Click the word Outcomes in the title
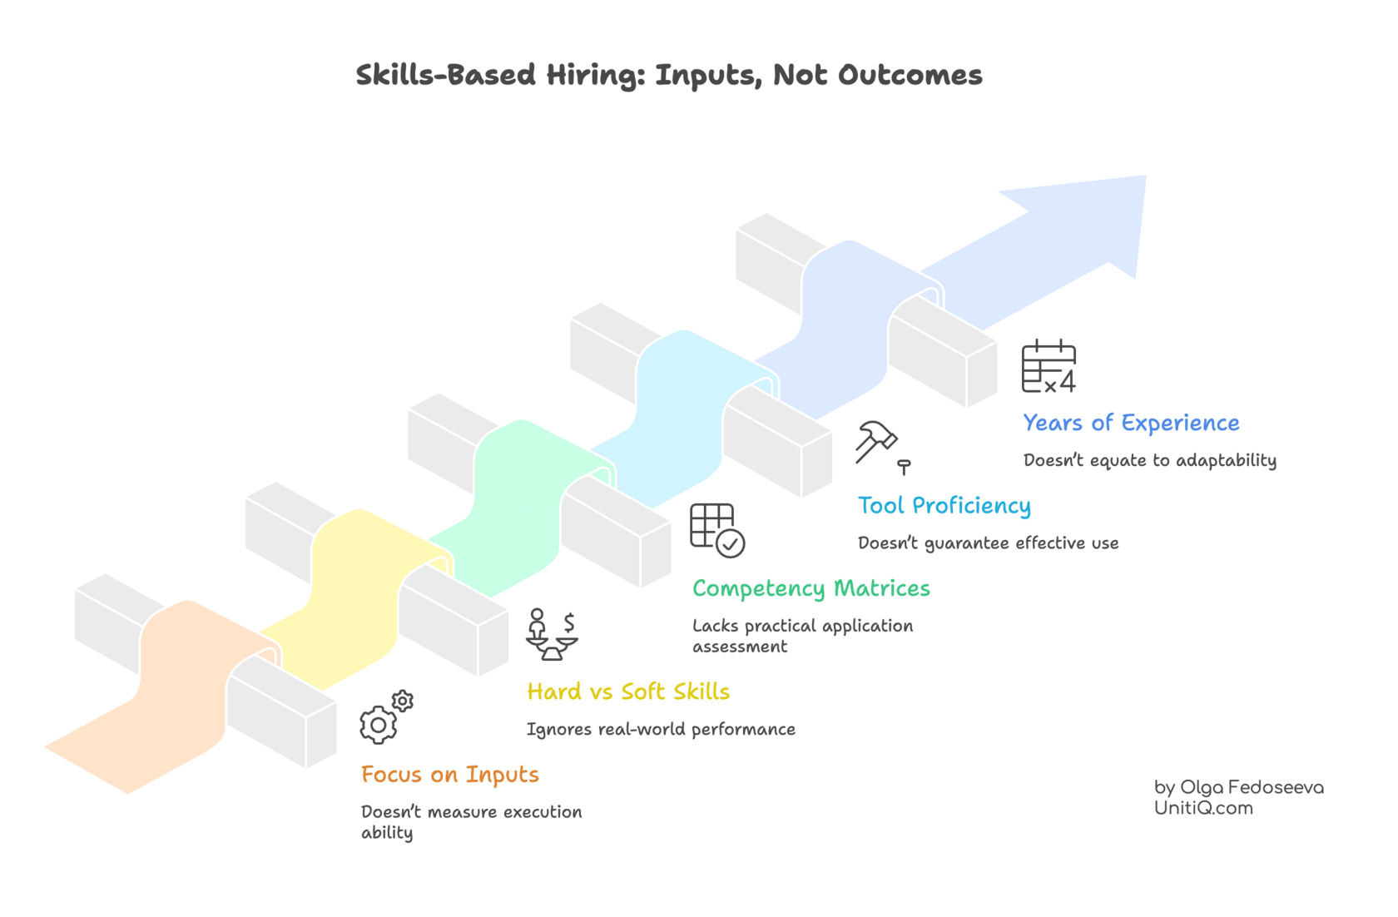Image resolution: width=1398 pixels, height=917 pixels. coord(910,76)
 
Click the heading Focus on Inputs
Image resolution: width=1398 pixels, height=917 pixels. coord(449,775)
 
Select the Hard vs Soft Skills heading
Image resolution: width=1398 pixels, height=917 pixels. coord(628,691)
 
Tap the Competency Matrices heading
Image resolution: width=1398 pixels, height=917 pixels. coord(811,588)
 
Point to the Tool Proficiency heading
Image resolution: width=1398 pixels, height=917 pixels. coord(944,506)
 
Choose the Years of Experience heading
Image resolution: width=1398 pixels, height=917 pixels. coord(1131,424)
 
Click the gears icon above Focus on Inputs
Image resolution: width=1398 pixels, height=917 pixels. coord(385,717)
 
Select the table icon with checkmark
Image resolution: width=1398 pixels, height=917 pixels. coord(716,530)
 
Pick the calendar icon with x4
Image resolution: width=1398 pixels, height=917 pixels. coord(1048,366)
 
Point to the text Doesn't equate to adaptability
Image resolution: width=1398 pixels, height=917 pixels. coord(1149,460)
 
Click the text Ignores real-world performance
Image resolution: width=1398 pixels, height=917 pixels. coord(661,729)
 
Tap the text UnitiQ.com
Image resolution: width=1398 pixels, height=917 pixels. coord(1202,808)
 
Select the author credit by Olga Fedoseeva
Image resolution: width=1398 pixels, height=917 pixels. coord(1238,786)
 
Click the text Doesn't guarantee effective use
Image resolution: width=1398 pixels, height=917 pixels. coord(988,543)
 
